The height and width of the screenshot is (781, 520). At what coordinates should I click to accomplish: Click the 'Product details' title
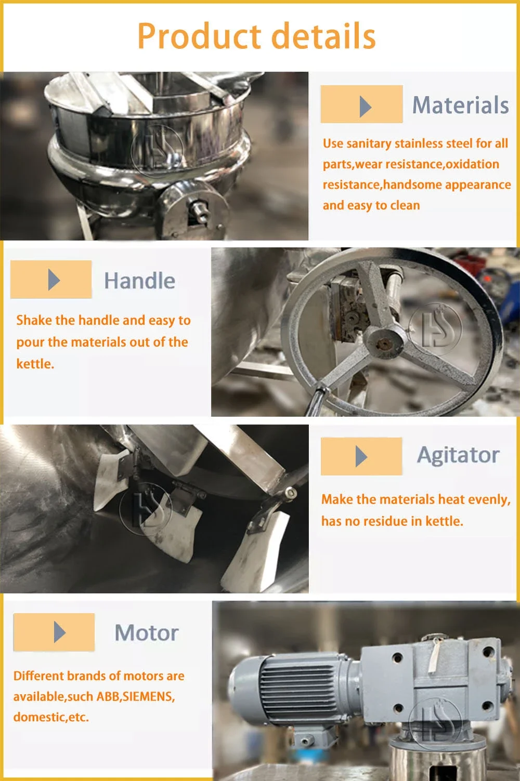[x=257, y=36]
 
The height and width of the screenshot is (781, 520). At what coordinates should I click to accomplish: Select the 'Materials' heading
[x=461, y=105]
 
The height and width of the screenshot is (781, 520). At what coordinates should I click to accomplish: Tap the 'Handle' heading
[x=139, y=281]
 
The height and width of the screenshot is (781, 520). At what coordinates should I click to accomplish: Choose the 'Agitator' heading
[x=458, y=455]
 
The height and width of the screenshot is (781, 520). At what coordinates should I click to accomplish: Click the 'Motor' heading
[x=147, y=633]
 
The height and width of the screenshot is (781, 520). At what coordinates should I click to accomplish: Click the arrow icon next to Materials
[x=366, y=107]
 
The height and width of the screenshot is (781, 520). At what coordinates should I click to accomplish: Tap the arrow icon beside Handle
[x=54, y=280]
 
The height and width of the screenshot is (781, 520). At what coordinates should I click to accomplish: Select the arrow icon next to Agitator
[x=361, y=456]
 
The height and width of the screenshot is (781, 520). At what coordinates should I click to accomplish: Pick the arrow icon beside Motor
[x=60, y=632]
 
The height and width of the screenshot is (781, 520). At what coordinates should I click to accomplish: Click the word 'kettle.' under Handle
[x=35, y=364]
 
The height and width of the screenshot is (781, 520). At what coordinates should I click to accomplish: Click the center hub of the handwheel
[x=384, y=343]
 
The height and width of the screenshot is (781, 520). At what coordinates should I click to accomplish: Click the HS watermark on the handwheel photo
[x=435, y=329]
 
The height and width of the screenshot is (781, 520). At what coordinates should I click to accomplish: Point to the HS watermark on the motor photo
[x=436, y=723]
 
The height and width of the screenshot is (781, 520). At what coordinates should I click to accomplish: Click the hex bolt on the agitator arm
[x=290, y=493]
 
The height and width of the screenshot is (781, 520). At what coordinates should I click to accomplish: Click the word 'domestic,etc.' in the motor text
[x=51, y=717]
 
